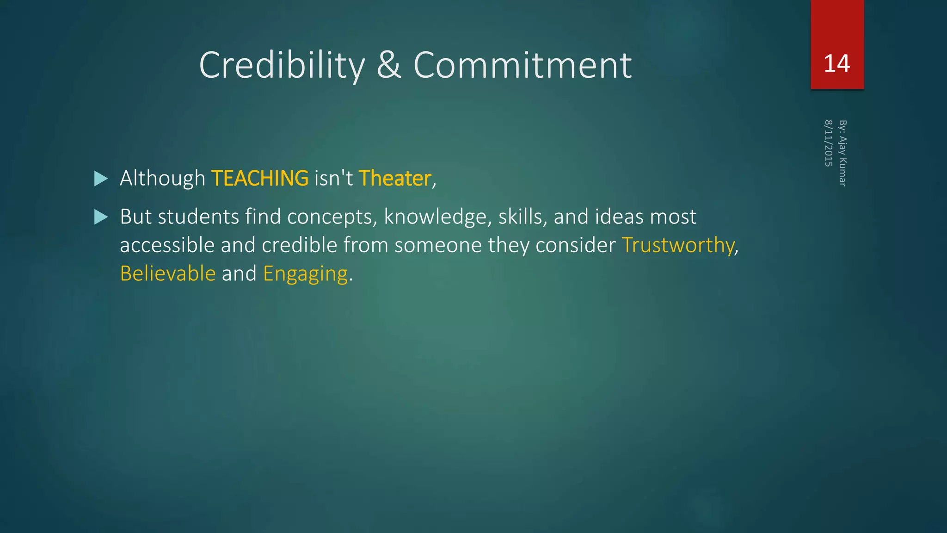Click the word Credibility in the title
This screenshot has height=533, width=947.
tap(282, 65)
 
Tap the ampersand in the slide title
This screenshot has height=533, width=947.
tap(389, 65)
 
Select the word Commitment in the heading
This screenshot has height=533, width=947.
tap(523, 65)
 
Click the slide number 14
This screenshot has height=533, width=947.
tap(836, 63)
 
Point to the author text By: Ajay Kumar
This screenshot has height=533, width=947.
tap(842, 153)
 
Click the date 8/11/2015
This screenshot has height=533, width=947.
tap(829, 143)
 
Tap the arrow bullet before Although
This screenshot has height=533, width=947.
tap(101, 179)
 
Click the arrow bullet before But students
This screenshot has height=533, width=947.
tap(101, 217)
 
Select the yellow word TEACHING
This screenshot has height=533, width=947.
tap(260, 179)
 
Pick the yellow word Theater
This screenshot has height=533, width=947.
tap(395, 179)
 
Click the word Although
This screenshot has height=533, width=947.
tap(162, 179)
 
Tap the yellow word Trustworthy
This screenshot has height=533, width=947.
tap(678, 245)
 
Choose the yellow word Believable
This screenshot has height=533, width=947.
tap(167, 273)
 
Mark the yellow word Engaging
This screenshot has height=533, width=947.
tap(305, 274)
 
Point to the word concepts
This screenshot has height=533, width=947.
tap(332, 217)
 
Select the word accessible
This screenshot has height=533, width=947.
tap(167, 245)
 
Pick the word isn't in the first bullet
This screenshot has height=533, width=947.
tap(333, 179)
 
